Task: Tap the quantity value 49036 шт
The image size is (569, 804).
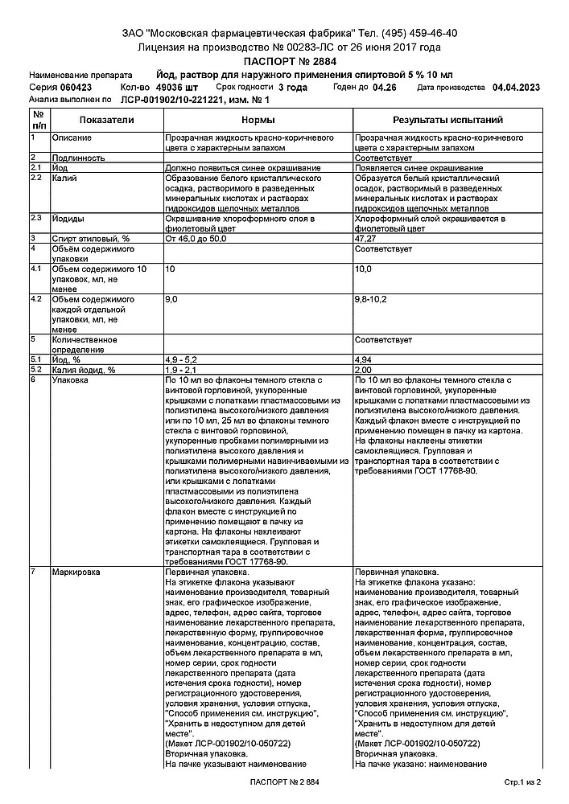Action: [177, 87]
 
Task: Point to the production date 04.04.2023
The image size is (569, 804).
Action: [516, 87]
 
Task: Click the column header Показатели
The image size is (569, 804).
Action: [106, 120]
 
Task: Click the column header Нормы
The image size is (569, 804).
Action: [258, 120]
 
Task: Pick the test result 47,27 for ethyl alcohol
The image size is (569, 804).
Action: [368, 239]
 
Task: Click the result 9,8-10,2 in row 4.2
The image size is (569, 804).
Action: [371, 299]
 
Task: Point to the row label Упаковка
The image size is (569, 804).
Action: [72, 379]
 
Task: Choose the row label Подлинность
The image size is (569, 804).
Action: [78, 158]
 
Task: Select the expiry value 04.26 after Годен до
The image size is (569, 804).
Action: [385, 87]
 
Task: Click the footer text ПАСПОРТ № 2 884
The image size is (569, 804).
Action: [284, 781]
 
